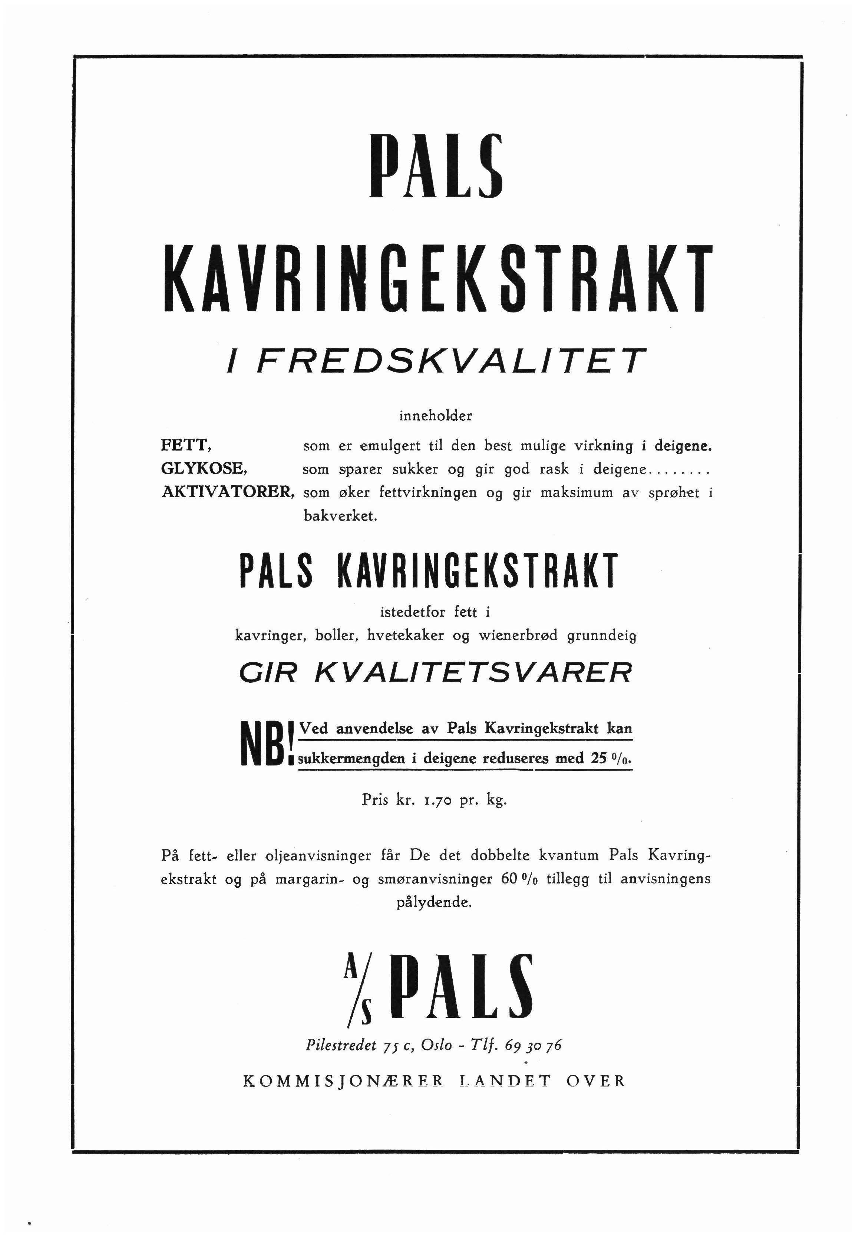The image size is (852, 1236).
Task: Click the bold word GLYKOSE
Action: click(x=204, y=469)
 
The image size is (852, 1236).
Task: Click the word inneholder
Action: click(x=436, y=416)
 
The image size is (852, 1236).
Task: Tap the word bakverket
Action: click(x=340, y=516)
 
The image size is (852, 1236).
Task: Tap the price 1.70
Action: click(x=438, y=800)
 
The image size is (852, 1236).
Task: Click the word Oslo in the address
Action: click(x=436, y=1045)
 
